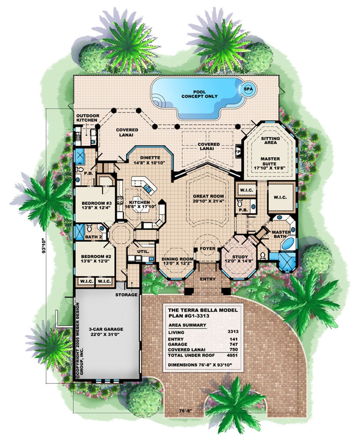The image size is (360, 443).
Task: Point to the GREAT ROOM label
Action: [206, 199]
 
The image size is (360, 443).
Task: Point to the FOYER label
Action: [208, 249]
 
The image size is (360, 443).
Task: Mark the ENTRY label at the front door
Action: [208, 279]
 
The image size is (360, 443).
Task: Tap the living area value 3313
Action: [234, 332]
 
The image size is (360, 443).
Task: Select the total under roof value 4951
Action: [234, 356]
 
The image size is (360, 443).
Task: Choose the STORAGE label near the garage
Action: [126, 295]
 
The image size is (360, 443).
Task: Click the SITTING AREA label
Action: [268, 140]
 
